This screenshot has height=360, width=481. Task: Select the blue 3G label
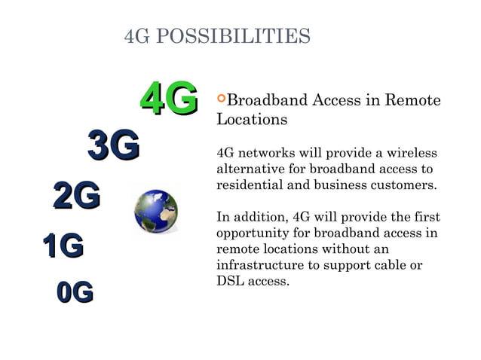[x=113, y=145]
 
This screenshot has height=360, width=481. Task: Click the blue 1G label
[x=63, y=246]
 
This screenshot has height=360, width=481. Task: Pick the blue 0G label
[x=75, y=291]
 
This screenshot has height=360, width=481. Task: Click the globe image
[x=156, y=212]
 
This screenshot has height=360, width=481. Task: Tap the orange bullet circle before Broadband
[x=221, y=99]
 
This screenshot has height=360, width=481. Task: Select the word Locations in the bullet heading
[x=252, y=119]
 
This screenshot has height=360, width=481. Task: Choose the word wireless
[x=409, y=153]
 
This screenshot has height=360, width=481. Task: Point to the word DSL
[x=229, y=282]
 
